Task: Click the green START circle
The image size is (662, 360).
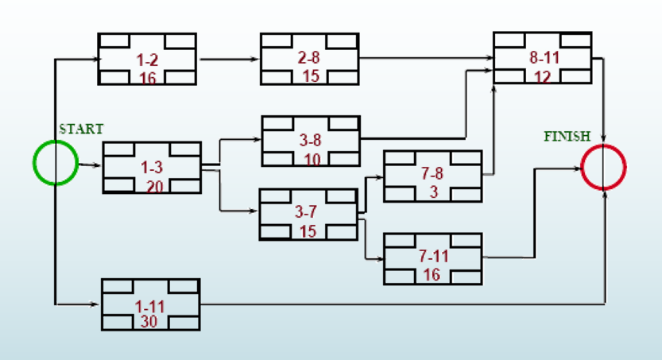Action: coord(55,163)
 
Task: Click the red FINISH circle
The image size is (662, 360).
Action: coord(604,167)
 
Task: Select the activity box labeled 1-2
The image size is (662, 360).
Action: coord(147,59)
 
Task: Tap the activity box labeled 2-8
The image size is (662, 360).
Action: coord(309,59)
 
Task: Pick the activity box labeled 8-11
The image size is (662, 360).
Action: coord(542,58)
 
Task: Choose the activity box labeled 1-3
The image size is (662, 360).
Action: coord(152,168)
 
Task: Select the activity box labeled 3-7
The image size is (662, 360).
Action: coord(308,215)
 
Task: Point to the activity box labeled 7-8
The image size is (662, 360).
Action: coord(432,176)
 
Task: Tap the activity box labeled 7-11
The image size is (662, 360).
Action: coord(432,258)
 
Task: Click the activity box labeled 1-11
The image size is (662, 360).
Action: coord(151,304)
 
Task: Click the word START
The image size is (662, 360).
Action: coord(81,129)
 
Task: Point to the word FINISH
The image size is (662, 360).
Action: coord(567,137)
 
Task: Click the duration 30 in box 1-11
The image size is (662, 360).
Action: coord(149,322)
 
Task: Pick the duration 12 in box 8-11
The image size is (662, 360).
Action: coord(542,75)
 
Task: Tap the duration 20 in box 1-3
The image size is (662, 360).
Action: coord(152,186)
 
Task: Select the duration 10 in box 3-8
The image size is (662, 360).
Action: coord(311,159)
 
